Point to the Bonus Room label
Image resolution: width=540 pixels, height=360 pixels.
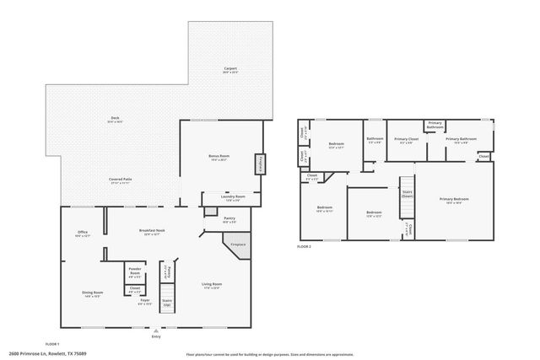pos(220,158)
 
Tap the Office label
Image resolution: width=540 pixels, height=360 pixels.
pos(82,233)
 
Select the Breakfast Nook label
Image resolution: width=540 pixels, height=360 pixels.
pos(152,233)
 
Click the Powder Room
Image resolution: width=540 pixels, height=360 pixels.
pos(134,271)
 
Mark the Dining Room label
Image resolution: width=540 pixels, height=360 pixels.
pos(92,293)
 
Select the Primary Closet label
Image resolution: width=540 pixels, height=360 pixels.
pos(407,139)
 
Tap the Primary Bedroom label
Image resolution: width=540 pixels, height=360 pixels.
pos(454,200)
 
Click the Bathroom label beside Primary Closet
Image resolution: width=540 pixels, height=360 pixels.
pos(375,139)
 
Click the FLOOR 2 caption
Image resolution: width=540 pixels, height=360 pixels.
pos(305,246)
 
